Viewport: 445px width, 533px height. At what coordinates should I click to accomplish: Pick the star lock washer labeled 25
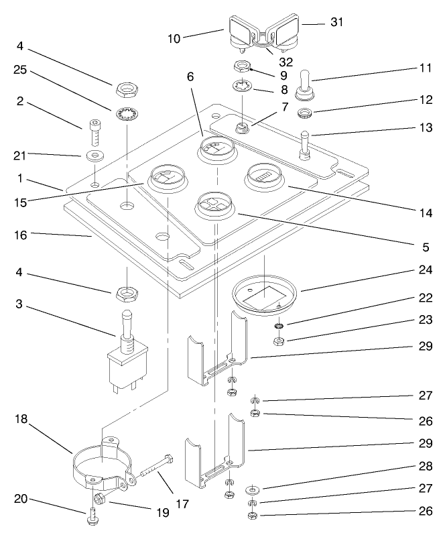click(x=125, y=111)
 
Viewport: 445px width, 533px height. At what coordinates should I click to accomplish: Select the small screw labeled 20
click(x=90, y=516)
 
